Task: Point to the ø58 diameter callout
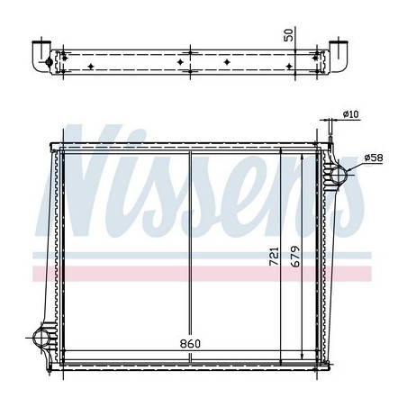click(x=374, y=159)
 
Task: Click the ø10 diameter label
click(x=351, y=114)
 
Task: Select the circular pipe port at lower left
click(x=41, y=339)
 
